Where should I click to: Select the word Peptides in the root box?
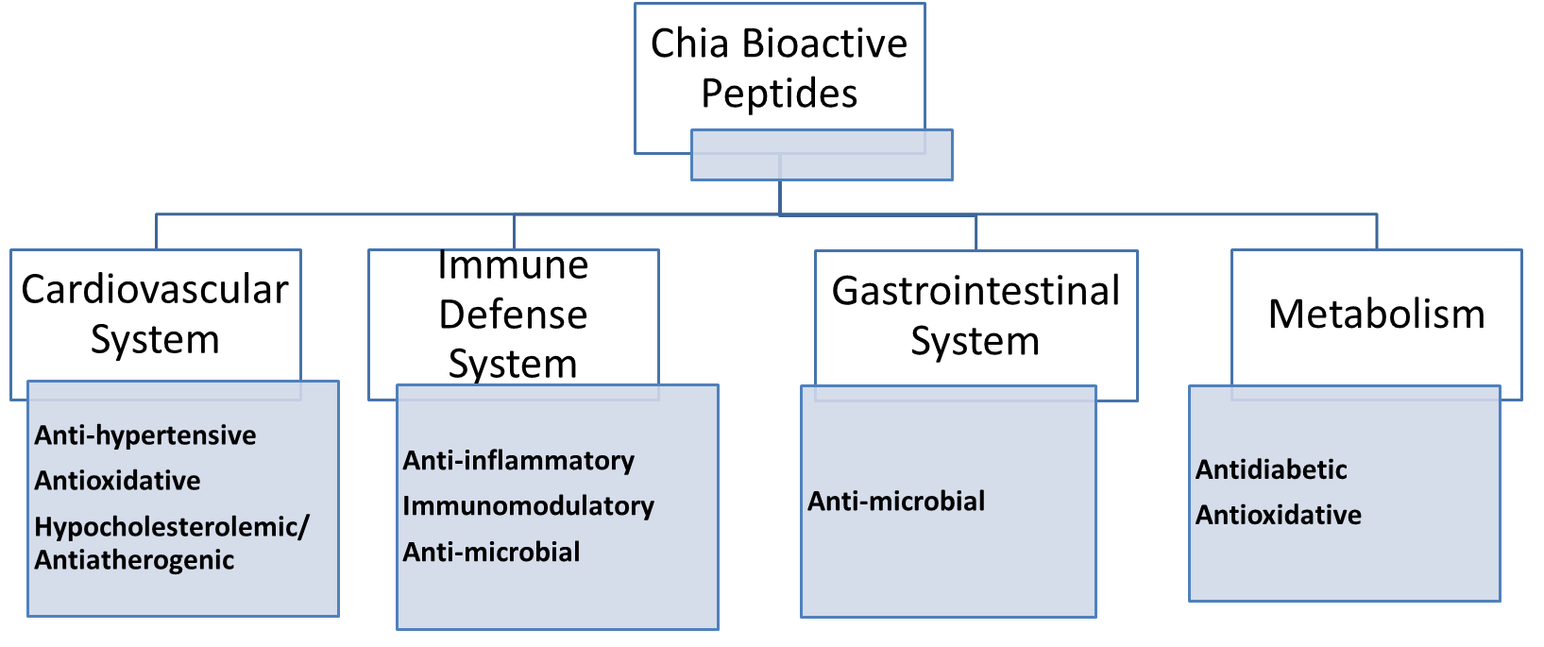(779, 94)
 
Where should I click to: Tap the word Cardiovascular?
(155, 290)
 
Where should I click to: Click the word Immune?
(513, 265)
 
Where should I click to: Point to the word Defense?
(513, 315)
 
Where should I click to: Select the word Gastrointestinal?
(976, 291)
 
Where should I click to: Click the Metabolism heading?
(1376, 315)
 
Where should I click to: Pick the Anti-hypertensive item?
(145, 435)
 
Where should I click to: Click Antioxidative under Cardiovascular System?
(117, 481)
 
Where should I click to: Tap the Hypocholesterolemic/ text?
(171, 527)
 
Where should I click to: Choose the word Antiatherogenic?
(134, 560)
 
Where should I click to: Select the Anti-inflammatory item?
(518, 461)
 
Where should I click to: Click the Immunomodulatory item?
(528, 506)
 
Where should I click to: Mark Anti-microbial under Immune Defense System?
(491, 553)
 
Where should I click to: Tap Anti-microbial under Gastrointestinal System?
(896, 502)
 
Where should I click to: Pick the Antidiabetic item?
(1271, 469)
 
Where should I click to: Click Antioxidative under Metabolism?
(1279, 515)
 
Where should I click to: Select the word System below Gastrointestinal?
(975, 341)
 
